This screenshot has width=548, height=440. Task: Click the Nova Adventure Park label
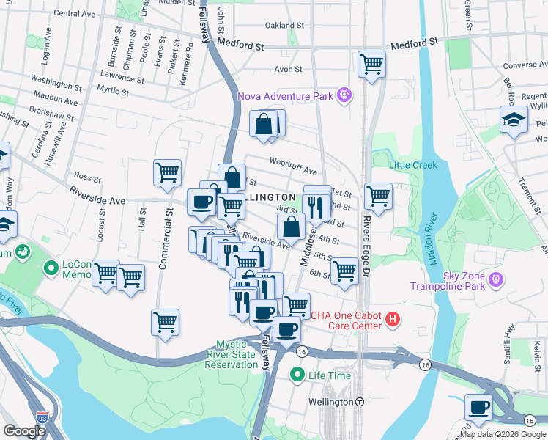(284, 95)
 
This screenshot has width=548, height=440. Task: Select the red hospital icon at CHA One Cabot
(393, 319)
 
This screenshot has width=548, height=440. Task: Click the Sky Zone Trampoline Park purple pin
(496, 279)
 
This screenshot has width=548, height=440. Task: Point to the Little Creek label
(413, 165)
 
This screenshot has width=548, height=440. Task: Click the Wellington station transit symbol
(360, 402)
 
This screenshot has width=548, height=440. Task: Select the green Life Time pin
(297, 375)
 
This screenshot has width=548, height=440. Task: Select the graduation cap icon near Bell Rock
(514, 120)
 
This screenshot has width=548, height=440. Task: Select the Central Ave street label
(75, 13)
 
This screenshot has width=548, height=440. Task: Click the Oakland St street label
(284, 25)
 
